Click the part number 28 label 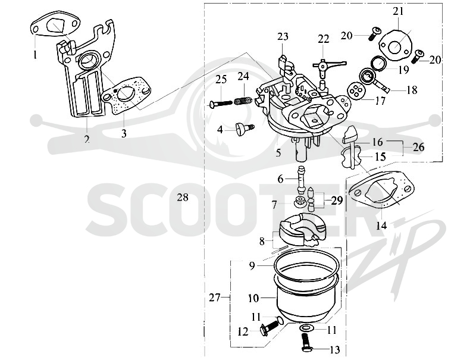pos(183,198)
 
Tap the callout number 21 pos(398,11)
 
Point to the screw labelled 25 pos(221,104)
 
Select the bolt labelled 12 pos(269,328)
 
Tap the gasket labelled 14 pos(381,188)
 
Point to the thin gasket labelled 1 pos(56,24)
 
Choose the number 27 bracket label pos(214,298)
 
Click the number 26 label pos(418,147)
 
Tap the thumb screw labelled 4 pos(245,129)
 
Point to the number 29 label pos(337,201)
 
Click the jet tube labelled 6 pos(301,180)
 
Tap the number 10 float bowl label pos(253,298)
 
